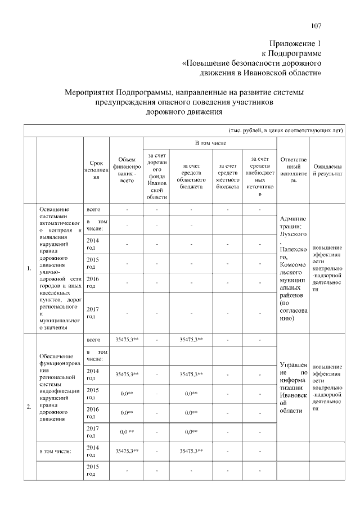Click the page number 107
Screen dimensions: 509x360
pos(316,25)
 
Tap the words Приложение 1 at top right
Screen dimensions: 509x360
pos(295,44)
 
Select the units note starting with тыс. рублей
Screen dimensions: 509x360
pos(285,129)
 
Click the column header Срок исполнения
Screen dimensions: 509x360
pos(96,169)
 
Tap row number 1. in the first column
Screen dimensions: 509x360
pos(29,268)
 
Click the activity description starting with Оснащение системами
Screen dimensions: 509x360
pos(58,268)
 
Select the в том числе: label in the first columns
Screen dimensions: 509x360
pos(53,451)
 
